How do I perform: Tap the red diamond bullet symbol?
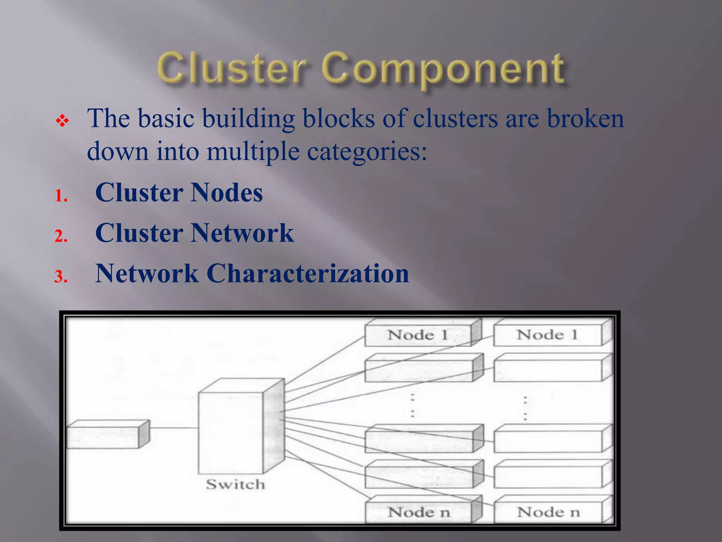[62, 121]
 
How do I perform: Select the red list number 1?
[61, 195]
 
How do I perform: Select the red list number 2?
[61, 236]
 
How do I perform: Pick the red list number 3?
[61, 276]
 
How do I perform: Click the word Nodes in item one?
[227, 193]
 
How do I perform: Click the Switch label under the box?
[235, 484]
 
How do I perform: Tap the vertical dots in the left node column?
[412, 405]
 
